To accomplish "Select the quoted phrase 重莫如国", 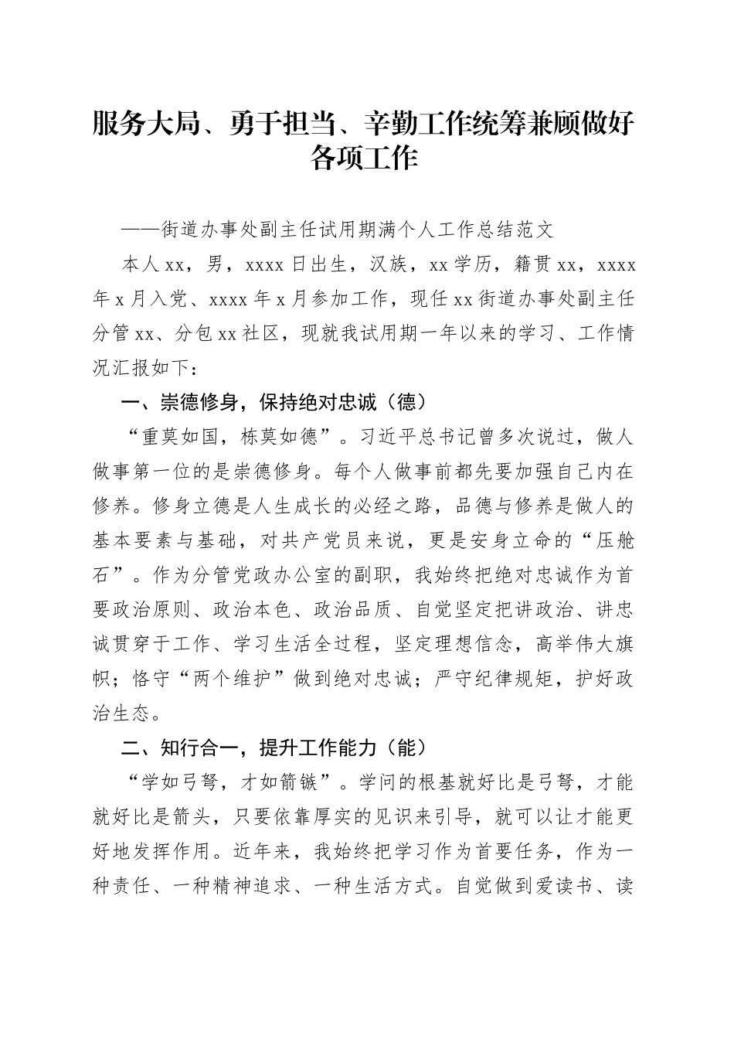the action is (x=180, y=437).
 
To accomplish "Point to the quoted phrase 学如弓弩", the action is (x=180, y=783).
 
